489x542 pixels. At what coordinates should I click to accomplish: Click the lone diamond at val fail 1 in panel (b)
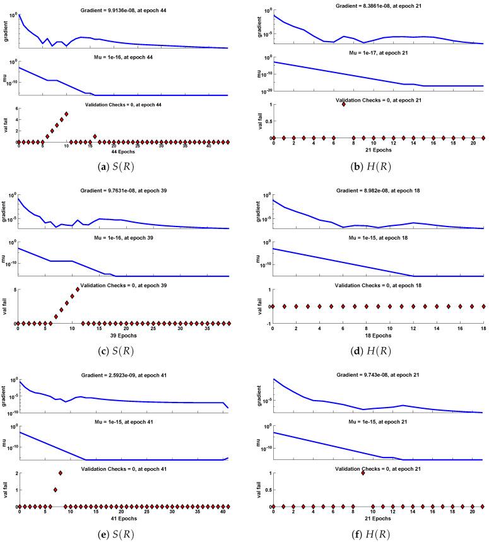(x=344, y=104)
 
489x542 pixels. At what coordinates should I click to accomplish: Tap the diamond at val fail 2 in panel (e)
(x=61, y=473)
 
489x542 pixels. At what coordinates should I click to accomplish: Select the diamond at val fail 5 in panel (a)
(x=66, y=114)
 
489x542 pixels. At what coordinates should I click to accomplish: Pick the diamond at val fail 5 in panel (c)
(x=78, y=290)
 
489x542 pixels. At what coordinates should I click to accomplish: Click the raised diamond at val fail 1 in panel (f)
(x=363, y=473)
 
